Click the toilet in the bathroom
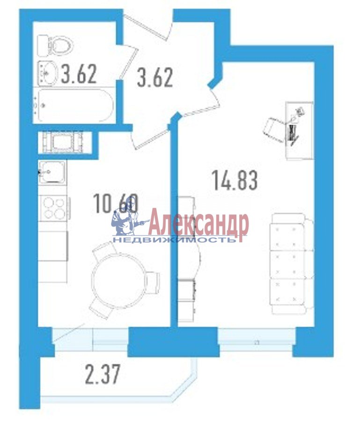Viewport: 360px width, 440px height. (56, 45)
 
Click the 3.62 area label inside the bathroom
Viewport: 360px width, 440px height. (79, 74)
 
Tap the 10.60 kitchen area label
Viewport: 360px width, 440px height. (116, 204)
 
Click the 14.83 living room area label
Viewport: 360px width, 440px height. (235, 180)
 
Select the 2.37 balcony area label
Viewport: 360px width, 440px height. (103, 374)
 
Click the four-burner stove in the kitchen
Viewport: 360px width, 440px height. (53, 208)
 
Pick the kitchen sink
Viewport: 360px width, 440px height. (52, 172)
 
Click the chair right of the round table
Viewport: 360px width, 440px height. (153, 283)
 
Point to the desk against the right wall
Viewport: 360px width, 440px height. (299, 131)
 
